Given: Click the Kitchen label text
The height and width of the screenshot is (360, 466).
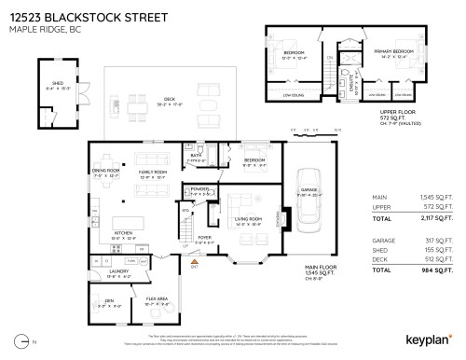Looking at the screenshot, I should (x=124, y=233).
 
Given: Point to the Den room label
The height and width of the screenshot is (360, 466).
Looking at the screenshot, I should (x=103, y=300).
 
